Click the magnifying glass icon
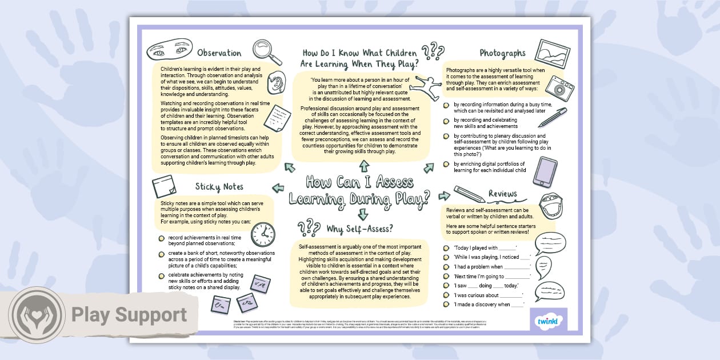267,51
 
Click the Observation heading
219,53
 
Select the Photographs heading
502,53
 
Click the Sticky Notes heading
219,186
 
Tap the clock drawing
263,234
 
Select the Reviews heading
502,194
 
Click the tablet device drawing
545,172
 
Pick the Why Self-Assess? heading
359,229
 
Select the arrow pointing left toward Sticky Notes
278,187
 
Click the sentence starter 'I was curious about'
487,295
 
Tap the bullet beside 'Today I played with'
446,248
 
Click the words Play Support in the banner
129,315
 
